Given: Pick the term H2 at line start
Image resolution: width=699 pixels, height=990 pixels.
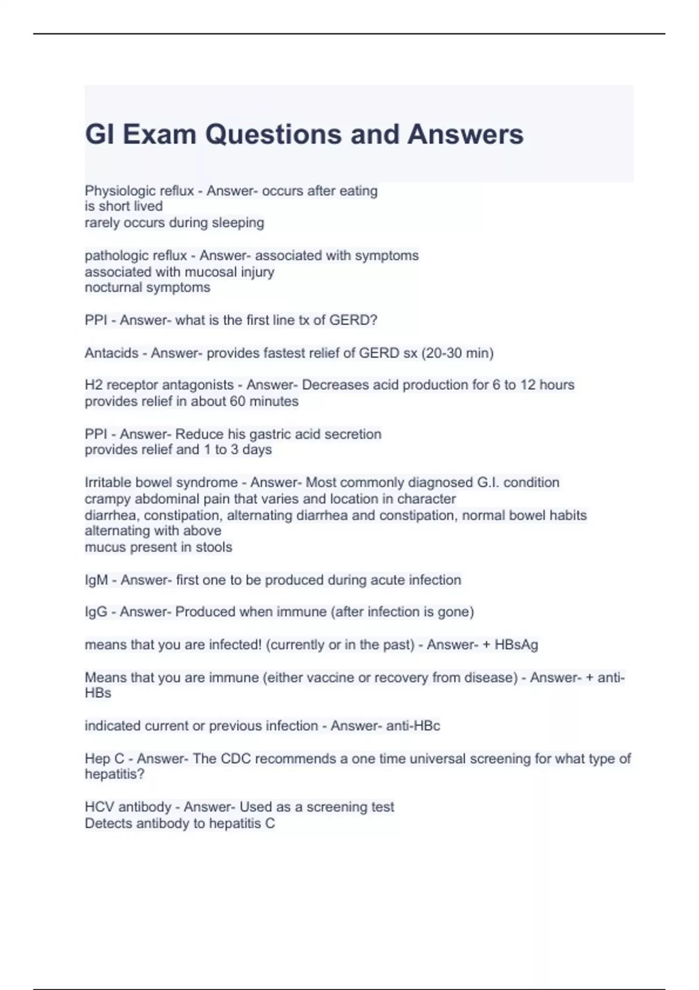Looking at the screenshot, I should point(94,385).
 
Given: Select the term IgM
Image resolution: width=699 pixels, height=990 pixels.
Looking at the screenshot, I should point(96,580).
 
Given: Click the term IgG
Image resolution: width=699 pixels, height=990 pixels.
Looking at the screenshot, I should point(96,612).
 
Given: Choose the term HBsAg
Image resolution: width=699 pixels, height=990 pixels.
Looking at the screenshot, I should point(516,645).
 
